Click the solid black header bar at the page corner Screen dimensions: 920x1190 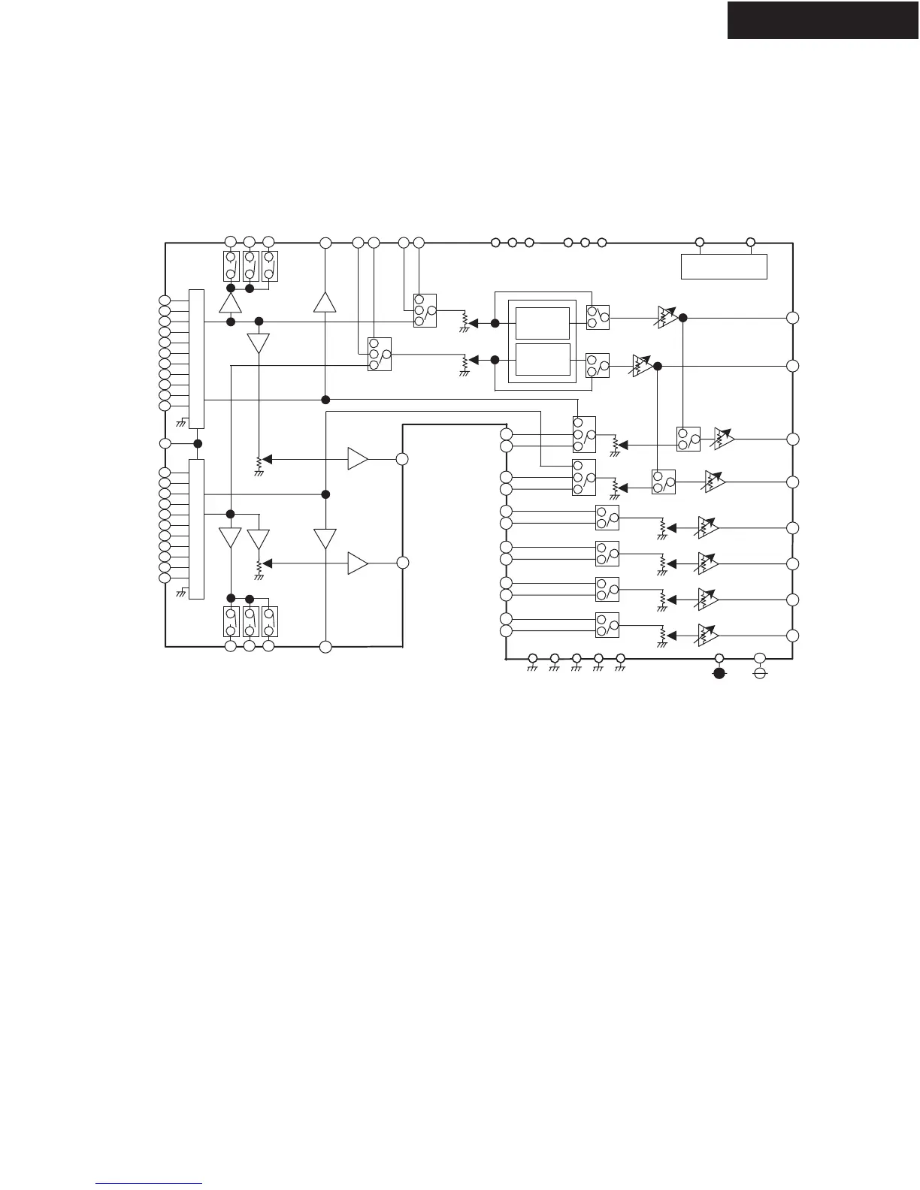[x=822, y=20]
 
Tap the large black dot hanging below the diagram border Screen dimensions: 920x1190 [x=719, y=673]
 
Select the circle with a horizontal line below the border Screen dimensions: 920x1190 [x=760, y=673]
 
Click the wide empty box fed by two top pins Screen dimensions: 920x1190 [x=724, y=267]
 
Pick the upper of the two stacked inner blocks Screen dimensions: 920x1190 [x=542, y=323]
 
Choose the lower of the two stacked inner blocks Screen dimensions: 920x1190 [x=542, y=360]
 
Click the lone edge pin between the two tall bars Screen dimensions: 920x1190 [x=165, y=442]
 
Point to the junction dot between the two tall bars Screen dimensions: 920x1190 [x=198, y=442]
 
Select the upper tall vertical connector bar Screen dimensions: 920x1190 [x=196, y=358]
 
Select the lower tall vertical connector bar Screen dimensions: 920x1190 [x=196, y=529]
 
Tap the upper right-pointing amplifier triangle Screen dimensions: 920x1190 [x=358, y=458]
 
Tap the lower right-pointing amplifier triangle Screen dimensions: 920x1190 [x=358, y=563]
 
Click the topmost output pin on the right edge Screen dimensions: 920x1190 [x=792, y=318]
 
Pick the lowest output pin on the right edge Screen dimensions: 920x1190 [x=792, y=636]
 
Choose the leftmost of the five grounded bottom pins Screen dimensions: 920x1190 [x=532, y=659]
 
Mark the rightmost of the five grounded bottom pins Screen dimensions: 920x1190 [x=621, y=659]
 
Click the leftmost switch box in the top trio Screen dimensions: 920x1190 [x=232, y=266]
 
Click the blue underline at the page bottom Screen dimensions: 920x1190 [x=150, y=1184]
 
